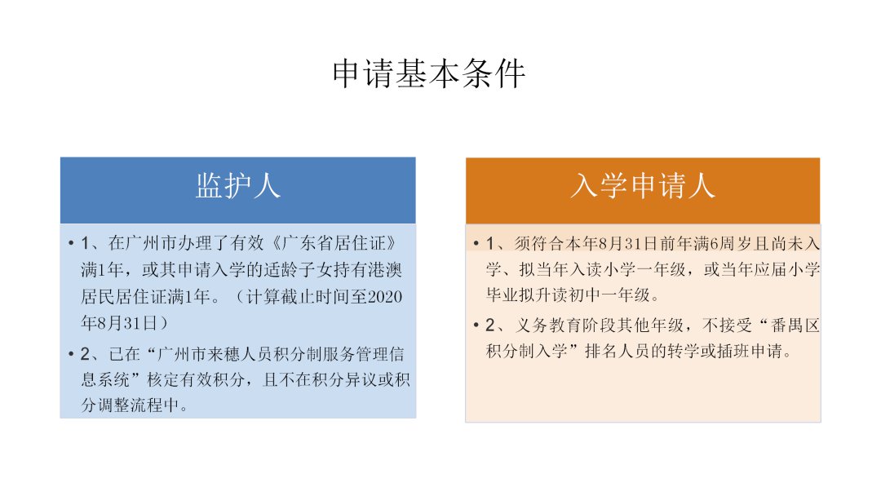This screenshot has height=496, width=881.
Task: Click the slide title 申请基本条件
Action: (429, 73)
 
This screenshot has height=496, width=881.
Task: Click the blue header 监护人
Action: (237, 186)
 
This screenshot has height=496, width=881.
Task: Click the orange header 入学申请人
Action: (643, 186)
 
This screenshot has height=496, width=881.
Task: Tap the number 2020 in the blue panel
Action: (385, 296)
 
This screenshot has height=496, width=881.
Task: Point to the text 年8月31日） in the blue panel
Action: (124, 322)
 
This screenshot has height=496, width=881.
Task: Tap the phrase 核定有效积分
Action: (196, 379)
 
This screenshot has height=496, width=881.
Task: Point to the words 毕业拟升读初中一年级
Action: (568, 294)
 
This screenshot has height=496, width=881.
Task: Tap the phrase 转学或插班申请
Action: (725, 351)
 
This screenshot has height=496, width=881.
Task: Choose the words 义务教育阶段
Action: (565, 325)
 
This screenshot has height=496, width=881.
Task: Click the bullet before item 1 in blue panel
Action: (71, 243)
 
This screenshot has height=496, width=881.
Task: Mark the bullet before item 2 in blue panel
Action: (71, 354)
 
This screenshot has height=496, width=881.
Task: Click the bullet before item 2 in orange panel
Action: (476, 325)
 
